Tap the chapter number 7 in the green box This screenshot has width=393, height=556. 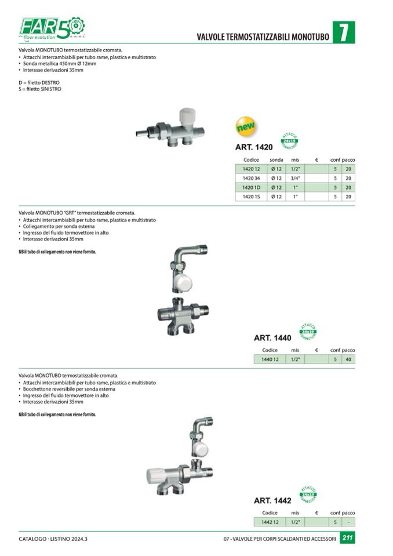[343, 32]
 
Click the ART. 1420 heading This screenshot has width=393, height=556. [253, 147]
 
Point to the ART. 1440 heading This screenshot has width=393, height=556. [272, 337]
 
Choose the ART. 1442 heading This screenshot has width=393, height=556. [272, 500]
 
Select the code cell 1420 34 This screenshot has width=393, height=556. [251, 178]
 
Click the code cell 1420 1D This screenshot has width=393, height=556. [251, 187]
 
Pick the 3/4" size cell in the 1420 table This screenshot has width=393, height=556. [295, 178]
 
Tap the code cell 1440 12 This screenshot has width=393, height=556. [270, 359]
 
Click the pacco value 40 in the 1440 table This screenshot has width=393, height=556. [348, 359]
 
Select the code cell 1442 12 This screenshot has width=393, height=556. [270, 522]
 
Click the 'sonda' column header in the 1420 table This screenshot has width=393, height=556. [276, 159]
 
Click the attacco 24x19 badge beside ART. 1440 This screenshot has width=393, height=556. [307, 331]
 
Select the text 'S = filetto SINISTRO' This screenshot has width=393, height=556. [40, 89]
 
